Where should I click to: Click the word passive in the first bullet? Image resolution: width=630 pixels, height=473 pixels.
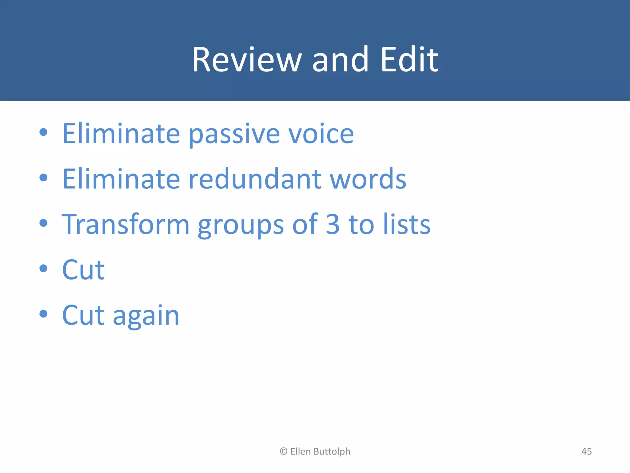coord(234,134)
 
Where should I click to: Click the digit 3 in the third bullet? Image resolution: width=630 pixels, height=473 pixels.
coord(333,224)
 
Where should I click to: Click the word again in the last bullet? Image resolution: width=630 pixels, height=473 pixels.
coord(146,316)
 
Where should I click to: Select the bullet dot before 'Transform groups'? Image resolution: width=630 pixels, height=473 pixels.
coord(44,223)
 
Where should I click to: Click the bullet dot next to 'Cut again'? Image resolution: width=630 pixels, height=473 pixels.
coord(44,314)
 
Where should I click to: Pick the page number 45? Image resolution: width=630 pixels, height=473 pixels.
coord(586,451)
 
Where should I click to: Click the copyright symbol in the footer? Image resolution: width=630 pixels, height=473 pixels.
coord(283,451)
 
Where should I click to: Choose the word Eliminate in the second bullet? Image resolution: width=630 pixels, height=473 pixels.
coord(121,179)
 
